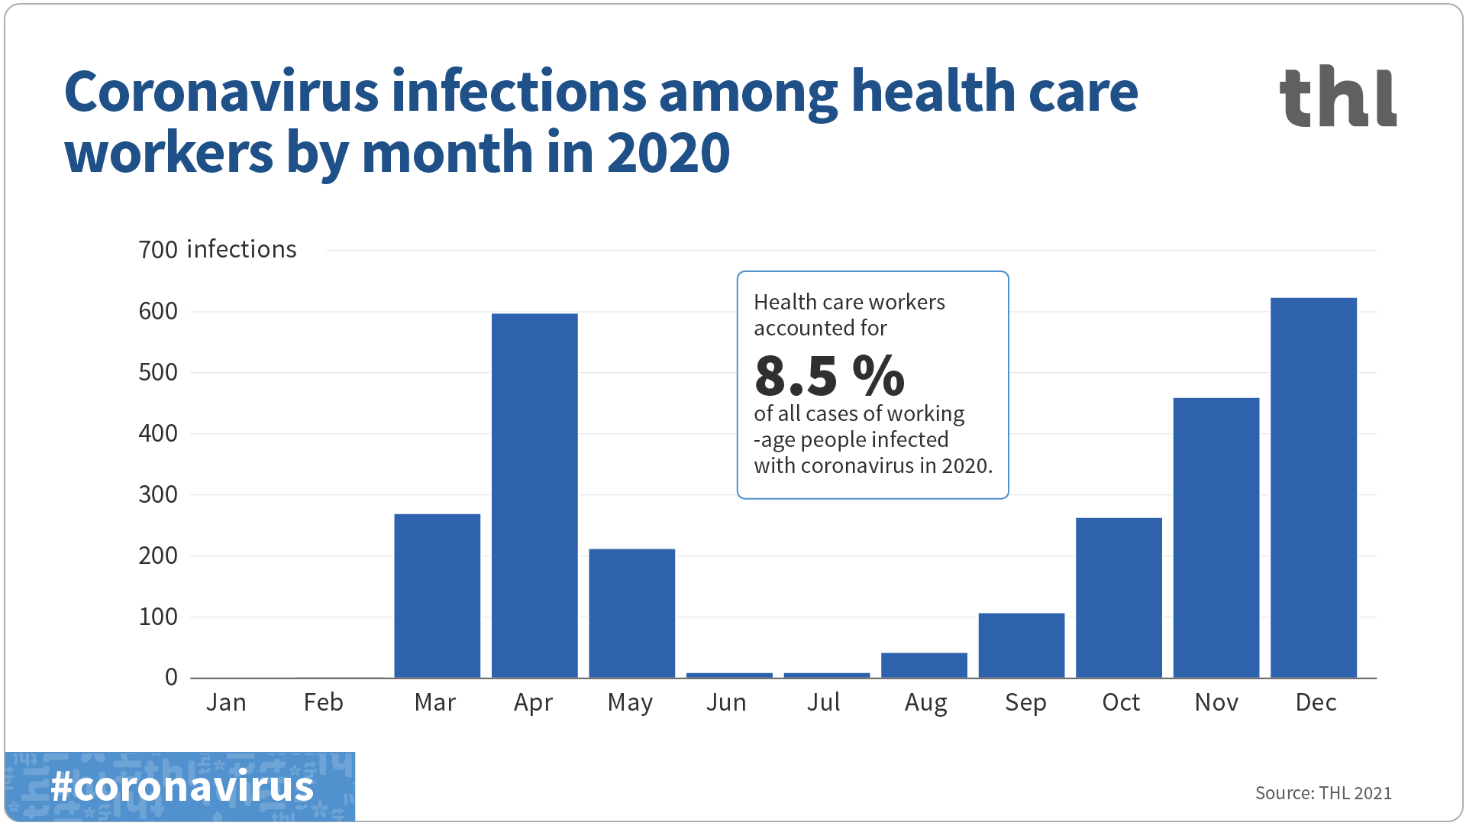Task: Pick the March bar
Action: (x=437, y=595)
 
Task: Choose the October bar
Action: (x=1119, y=598)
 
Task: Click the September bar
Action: (x=1021, y=645)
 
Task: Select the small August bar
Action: (x=924, y=665)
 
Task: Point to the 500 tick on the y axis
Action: (x=158, y=373)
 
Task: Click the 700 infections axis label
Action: (x=218, y=250)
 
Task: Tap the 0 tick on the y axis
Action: (x=171, y=678)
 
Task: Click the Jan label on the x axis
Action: (x=226, y=702)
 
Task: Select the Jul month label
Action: (x=823, y=702)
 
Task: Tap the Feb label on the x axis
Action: (x=323, y=702)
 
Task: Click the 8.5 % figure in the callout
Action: (x=829, y=375)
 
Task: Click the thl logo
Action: (x=1338, y=96)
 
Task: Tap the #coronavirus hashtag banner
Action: (x=181, y=786)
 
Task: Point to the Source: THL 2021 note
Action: (x=1322, y=793)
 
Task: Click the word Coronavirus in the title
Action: (x=221, y=92)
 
